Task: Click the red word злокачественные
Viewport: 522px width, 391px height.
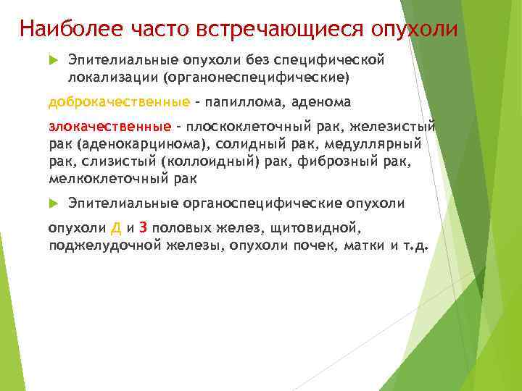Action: [x=110, y=127]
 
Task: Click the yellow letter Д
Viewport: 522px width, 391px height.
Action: [x=116, y=228]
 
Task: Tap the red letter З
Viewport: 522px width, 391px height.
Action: [x=144, y=228]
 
